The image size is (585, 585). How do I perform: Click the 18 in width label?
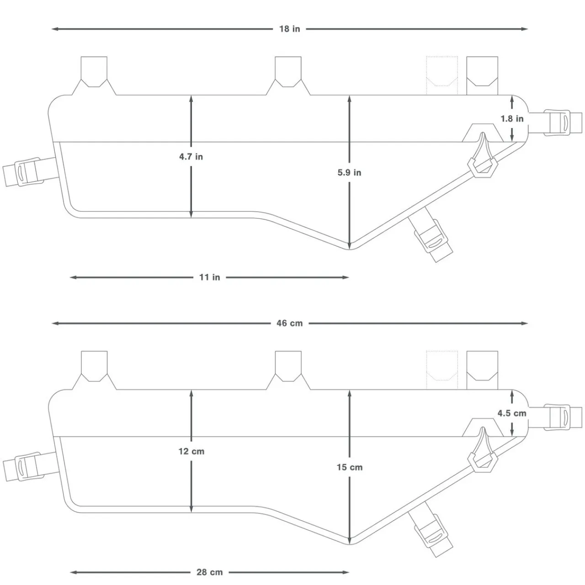[x=290, y=29]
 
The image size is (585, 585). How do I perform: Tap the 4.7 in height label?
[x=191, y=157]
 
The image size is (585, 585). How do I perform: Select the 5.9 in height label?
[x=349, y=172]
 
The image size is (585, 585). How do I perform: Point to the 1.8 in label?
[x=512, y=118]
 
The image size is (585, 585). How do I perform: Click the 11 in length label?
[x=209, y=277]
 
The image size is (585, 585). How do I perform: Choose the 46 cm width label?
[x=290, y=323]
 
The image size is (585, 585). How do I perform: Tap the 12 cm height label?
[x=191, y=451]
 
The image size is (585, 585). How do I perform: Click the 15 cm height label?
[x=349, y=467]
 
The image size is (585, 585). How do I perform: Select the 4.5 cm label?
[x=512, y=413]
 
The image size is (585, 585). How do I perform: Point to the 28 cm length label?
[x=209, y=572]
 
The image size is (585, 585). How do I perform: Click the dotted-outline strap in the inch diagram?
[x=442, y=75]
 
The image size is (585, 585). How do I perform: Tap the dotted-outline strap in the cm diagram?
[x=442, y=370]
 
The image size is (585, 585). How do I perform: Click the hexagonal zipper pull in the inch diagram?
[x=484, y=167]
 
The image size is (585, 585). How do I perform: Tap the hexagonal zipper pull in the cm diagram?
[x=484, y=462]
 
